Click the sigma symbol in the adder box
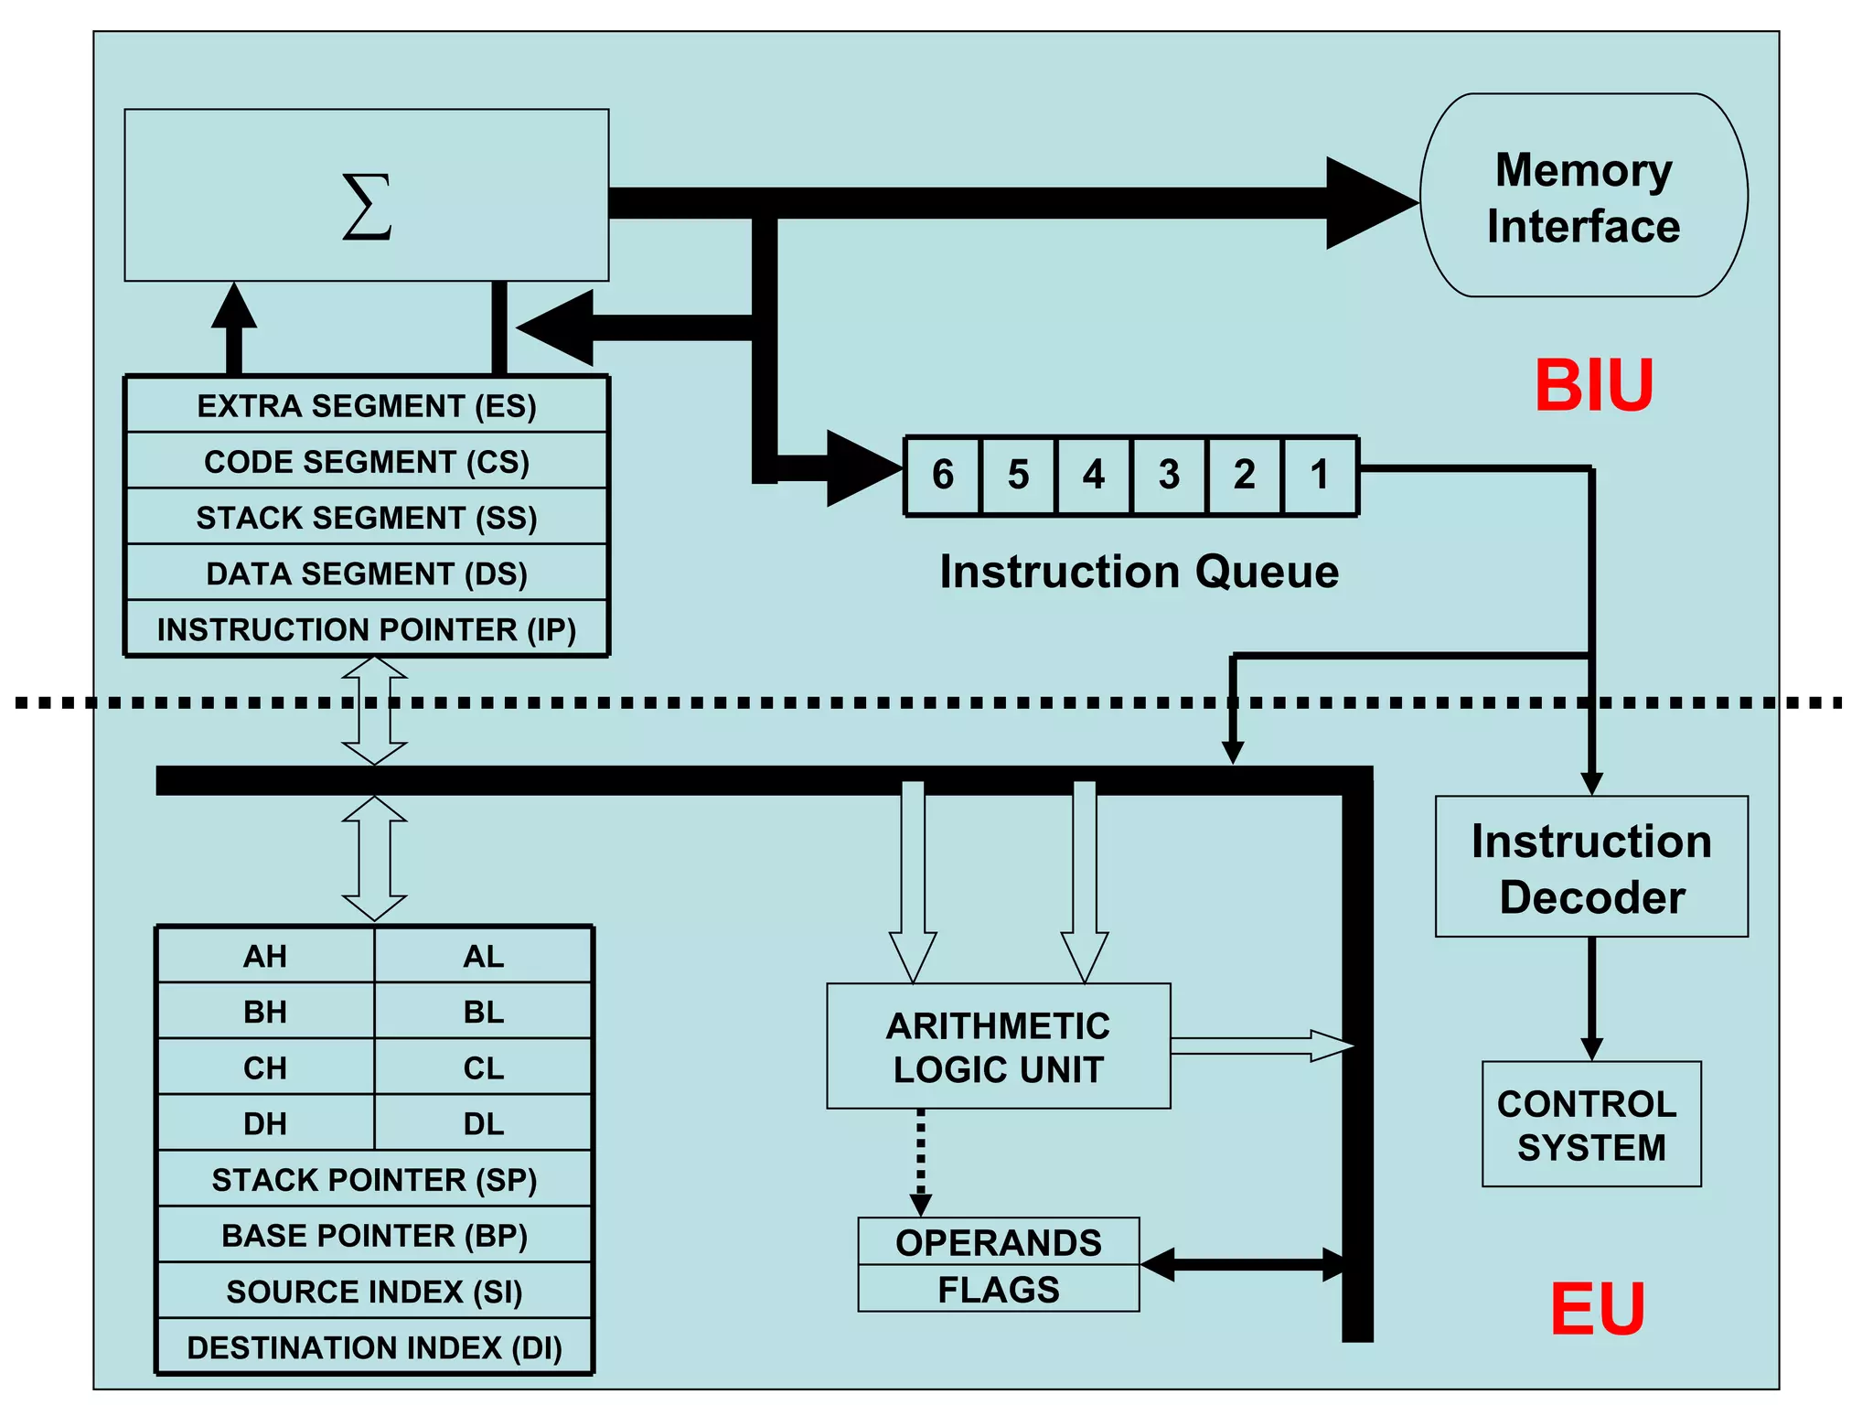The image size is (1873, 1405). [367, 207]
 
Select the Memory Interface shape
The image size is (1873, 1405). [1583, 196]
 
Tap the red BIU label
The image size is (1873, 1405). [1593, 386]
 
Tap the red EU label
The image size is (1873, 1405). [1597, 1309]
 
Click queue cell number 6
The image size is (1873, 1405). [942, 476]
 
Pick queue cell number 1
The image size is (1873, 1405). [1320, 476]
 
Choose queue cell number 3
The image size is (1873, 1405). [1169, 476]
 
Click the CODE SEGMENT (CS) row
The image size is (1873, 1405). [367, 461]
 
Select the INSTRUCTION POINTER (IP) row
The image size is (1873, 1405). [367, 629]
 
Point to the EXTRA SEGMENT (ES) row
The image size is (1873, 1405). [367, 405]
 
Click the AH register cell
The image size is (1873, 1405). [265, 956]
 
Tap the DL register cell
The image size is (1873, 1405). [483, 1123]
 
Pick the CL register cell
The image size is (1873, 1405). [483, 1067]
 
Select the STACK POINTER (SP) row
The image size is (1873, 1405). [374, 1179]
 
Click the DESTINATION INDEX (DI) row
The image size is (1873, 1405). [374, 1347]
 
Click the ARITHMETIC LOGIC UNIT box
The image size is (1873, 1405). [998, 1047]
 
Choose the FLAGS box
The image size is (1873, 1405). [998, 1290]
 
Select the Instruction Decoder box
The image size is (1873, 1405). [1591, 867]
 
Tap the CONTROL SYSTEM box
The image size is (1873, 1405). [1591, 1125]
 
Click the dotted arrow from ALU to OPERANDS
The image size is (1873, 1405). [921, 1157]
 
